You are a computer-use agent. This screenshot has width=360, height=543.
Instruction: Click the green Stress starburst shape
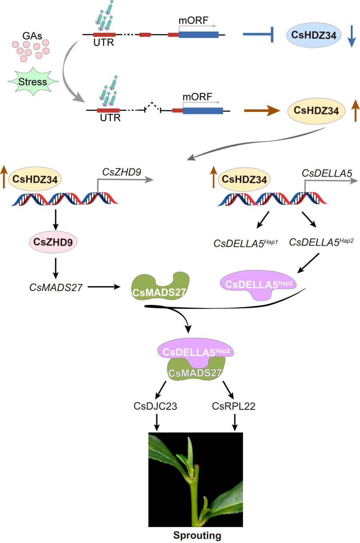(x=33, y=82)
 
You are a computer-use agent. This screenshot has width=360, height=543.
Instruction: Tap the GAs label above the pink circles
(x=32, y=36)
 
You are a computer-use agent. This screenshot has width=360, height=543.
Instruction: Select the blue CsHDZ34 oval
(x=314, y=35)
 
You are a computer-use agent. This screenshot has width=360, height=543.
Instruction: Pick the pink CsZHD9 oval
(x=53, y=242)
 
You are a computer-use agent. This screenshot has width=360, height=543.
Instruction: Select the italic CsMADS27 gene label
(x=56, y=287)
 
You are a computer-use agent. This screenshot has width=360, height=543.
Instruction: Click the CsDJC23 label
(x=155, y=406)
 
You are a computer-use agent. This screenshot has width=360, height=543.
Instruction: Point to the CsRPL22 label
(x=234, y=406)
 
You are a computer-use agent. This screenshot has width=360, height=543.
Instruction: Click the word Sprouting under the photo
(x=197, y=535)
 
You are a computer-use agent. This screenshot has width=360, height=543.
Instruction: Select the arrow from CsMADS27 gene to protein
(x=104, y=287)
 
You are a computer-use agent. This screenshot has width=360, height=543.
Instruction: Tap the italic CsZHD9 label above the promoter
(x=122, y=172)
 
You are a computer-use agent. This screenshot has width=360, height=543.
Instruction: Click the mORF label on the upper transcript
(x=193, y=20)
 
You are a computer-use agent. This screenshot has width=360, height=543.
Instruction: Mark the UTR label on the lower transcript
(x=110, y=118)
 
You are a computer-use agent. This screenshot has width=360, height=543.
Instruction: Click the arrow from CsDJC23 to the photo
(x=157, y=422)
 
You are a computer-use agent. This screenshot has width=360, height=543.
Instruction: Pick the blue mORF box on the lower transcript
(x=203, y=110)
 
